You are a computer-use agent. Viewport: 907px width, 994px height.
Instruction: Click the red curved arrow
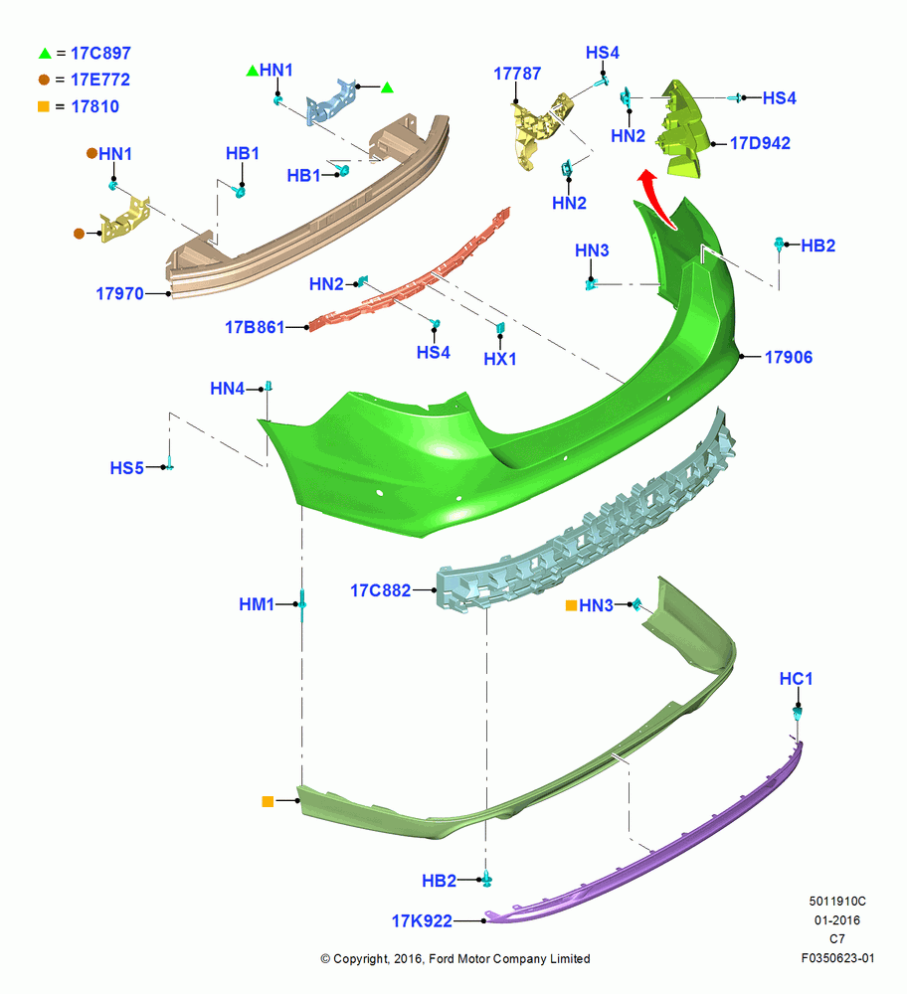click(656, 197)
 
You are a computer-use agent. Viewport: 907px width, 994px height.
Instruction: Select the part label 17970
click(120, 293)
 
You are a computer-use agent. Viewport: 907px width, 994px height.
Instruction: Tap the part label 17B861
click(255, 327)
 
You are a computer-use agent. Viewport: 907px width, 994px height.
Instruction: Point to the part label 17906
click(789, 357)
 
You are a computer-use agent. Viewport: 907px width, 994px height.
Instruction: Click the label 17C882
click(381, 590)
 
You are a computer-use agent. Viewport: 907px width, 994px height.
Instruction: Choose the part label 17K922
click(422, 920)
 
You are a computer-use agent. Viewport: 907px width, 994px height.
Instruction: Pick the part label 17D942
click(760, 143)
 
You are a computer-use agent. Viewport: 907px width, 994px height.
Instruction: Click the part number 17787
click(517, 74)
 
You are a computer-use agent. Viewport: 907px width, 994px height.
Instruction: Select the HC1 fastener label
click(796, 678)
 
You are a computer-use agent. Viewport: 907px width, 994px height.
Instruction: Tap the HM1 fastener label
click(257, 604)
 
